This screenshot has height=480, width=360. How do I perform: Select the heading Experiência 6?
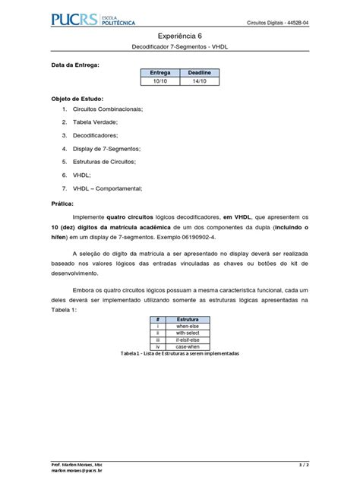pyautogui.click(x=181, y=36)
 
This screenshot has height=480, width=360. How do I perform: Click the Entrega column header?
pyautogui.click(x=161, y=72)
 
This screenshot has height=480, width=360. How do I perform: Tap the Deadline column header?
pyautogui.click(x=200, y=72)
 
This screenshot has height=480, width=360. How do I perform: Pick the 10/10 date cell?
pyautogui.click(x=161, y=80)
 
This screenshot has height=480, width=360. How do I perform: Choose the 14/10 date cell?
pyautogui.click(x=200, y=80)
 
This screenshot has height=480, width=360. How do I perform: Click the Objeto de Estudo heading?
pyautogui.click(x=77, y=99)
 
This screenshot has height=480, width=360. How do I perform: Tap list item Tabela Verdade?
pyautogui.click(x=96, y=123)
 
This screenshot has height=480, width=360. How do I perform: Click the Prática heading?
pyautogui.click(x=62, y=204)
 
